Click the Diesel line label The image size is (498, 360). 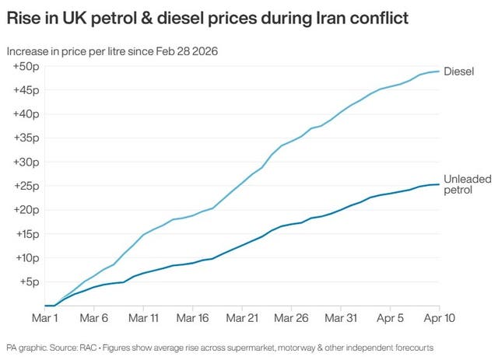pyautogui.click(x=458, y=72)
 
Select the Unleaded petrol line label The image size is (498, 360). pyautogui.click(x=467, y=184)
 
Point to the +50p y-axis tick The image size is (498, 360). pyautogui.click(x=26, y=66)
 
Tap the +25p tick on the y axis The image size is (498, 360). pyautogui.click(x=26, y=186)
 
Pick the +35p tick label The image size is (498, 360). pyautogui.click(x=26, y=138)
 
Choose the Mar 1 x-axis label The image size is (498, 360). pyautogui.click(x=44, y=318)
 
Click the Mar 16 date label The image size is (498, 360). pyautogui.click(x=193, y=318)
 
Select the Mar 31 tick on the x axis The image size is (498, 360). pyautogui.click(x=342, y=318)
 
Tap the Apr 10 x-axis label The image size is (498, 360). pyautogui.click(x=439, y=318)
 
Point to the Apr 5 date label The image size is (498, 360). pyautogui.click(x=390, y=318)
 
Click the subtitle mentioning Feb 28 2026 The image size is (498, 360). pyautogui.click(x=111, y=51)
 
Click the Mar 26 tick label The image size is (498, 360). pyautogui.click(x=292, y=318)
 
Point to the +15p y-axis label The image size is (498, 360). pyautogui.click(x=26, y=234)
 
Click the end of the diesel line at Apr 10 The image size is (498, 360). pyautogui.click(x=439, y=72)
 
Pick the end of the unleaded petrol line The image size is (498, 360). pyautogui.click(x=439, y=184)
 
